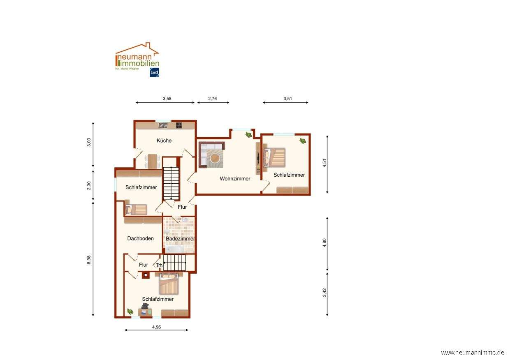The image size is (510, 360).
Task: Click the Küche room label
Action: pyautogui.click(x=164, y=141)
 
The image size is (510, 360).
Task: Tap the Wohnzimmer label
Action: pyautogui.click(x=235, y=179)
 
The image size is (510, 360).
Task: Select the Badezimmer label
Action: pyautogui.click(x=180, y=239)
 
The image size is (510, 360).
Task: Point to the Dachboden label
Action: pyautogui.click(x=141, y=238)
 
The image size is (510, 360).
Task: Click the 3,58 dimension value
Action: pyautogui.click(x=167, y=99)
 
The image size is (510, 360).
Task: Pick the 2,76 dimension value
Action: pyautogui.click(x=212, y=99)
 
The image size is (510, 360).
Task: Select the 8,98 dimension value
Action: pyautogui.click(x=89, y=260)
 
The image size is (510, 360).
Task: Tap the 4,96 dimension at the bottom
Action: pyautogui.click(x=156, y=327)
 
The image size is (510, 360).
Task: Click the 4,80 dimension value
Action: pyautogui.click(x=325, y=242)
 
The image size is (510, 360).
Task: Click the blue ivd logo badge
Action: pyautogui.click(x=154, y=72)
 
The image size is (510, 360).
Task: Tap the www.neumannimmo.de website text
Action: pyautogui.click(x=473, y=353)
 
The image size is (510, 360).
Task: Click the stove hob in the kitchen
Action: pyautogui.click(x=179, y=125)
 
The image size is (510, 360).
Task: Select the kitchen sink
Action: pyautogui.click(x=163, y=125)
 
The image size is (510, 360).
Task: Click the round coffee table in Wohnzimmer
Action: pyautogui.click(x=215, y=157)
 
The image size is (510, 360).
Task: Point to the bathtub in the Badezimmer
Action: pyautogui.click(x=174, y=249)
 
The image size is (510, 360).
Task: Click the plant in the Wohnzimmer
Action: pyautogui.click(x=248, y=135)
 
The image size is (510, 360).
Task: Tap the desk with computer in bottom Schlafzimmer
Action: pyautogui.click(x=145, y=311)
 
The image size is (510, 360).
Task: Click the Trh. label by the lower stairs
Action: pyautogui.click(x=160, y=265)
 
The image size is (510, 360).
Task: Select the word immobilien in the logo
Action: pyautogui.click(x=139, y=63)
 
